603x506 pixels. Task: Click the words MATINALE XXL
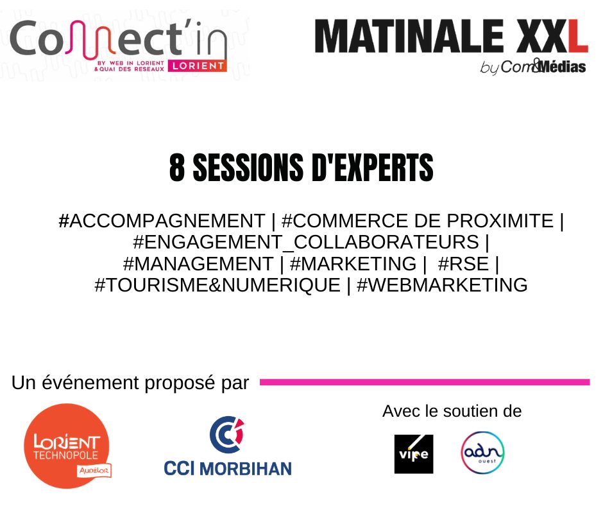(451, 37)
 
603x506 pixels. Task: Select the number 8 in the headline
(177, 168)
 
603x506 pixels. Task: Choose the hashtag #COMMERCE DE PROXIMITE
(418, 222)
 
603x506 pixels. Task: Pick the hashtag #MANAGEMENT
(198, 264)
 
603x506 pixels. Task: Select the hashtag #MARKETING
(353, 264)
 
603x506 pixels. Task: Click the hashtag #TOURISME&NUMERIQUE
(217, 285)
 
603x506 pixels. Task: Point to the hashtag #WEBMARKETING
(442, 285)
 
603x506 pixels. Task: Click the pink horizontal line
(424, 382)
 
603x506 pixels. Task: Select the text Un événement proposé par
(130, 383)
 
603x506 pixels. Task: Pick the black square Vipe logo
(414, 454)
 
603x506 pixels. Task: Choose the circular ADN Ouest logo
(482, 453)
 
